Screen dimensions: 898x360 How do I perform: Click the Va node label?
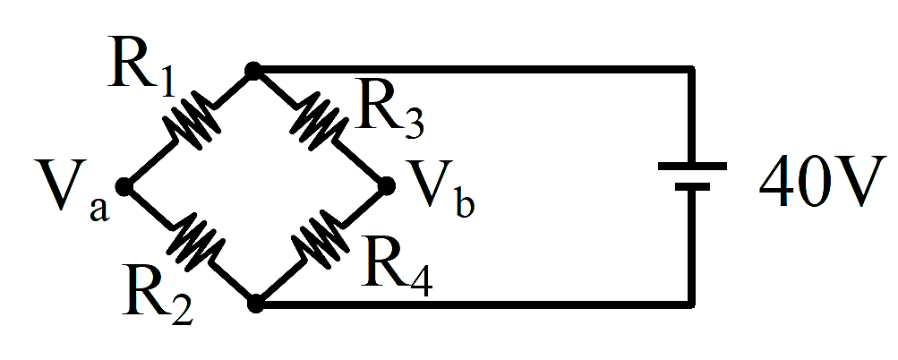(x=71, y=190)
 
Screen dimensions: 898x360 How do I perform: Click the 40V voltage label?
(x=821, y=181)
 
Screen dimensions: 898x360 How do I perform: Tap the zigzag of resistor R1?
(x=192, y=120)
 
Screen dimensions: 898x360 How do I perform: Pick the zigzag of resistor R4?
(x=320, y=240)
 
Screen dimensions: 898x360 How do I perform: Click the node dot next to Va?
(x=124, y=186)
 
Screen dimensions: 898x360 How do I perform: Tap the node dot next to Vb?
(x=387, y=185)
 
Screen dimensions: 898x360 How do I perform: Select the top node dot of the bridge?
(x=252, y=71)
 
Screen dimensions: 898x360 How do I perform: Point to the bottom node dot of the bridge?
(x=255, y=304)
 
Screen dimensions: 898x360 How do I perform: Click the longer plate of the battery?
(x=692, y=167)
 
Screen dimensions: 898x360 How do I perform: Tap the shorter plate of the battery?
(x=692, y=186)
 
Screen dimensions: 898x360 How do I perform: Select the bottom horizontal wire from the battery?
(x=475, y=304)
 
